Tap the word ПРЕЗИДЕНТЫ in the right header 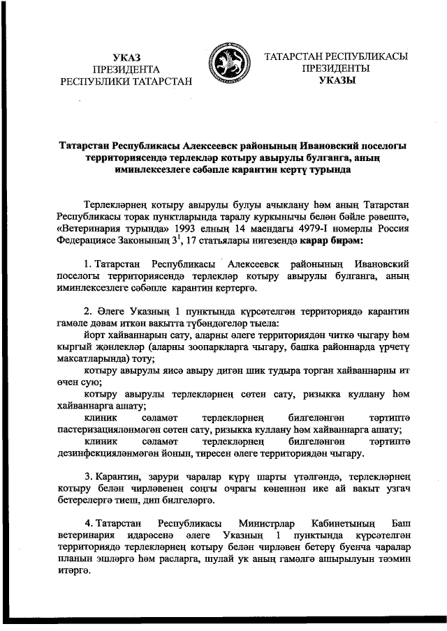336,68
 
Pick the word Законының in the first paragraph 154,241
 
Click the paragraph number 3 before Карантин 88,476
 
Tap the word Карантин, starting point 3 119,476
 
